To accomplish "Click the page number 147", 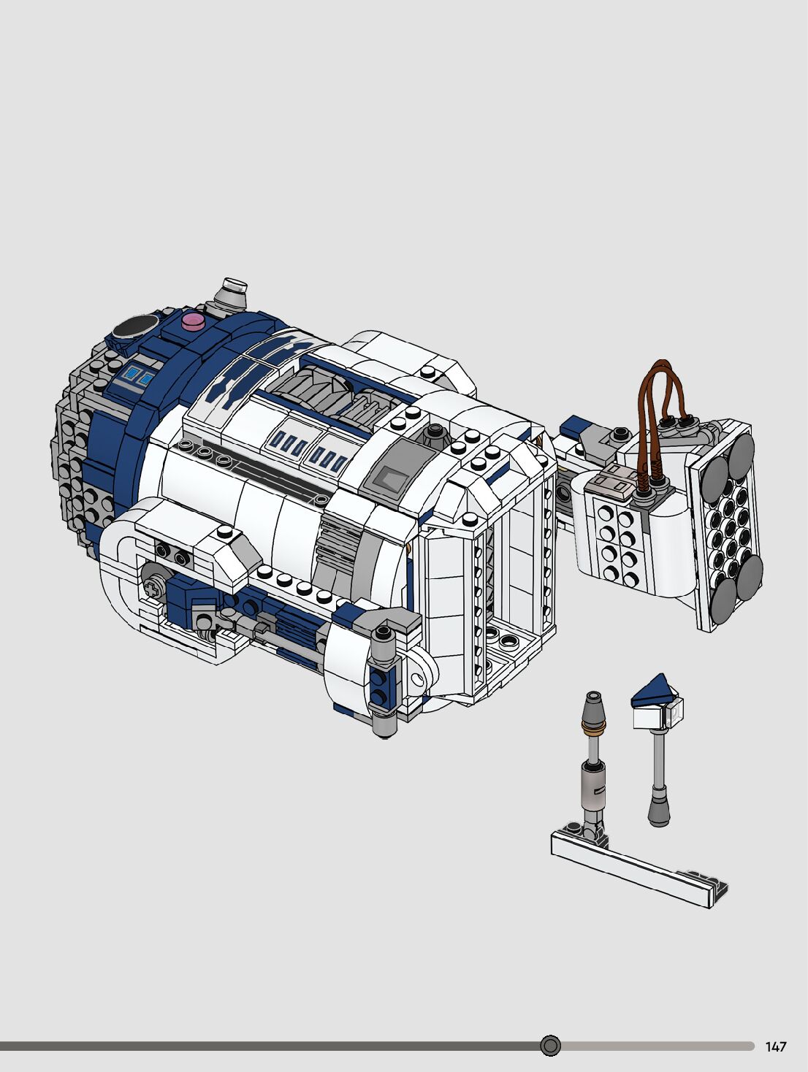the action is tap(776, 1046).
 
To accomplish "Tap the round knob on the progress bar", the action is tap(551, 1046).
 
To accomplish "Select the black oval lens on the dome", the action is tap(135, 326).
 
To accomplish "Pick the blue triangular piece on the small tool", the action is tap(653, 691).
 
